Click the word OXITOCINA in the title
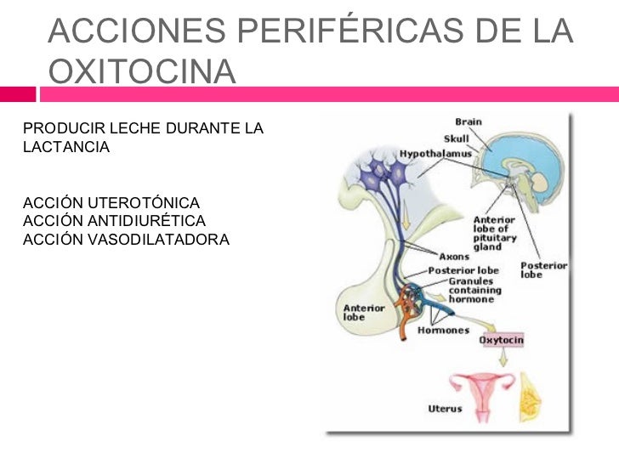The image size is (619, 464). pyautogui.click(x=142, y=71)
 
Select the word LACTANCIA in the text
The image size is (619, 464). pyautogui.click(x=66, y=147)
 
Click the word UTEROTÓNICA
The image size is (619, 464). pyautogui.click(x=139, y=203)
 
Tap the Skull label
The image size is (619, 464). pyautogui.click(x=456, y=139)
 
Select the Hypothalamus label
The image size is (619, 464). pyautogui.click(x=435, y=154)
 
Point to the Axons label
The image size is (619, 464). pyautogui.click(x=453, y=256)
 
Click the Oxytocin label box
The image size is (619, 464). pyautogui.click(x=502, y=340)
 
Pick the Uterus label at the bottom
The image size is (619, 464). pyautogui.click(x=445, y=409)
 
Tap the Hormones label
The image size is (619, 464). pyautogui.click(x=442, y=330)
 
